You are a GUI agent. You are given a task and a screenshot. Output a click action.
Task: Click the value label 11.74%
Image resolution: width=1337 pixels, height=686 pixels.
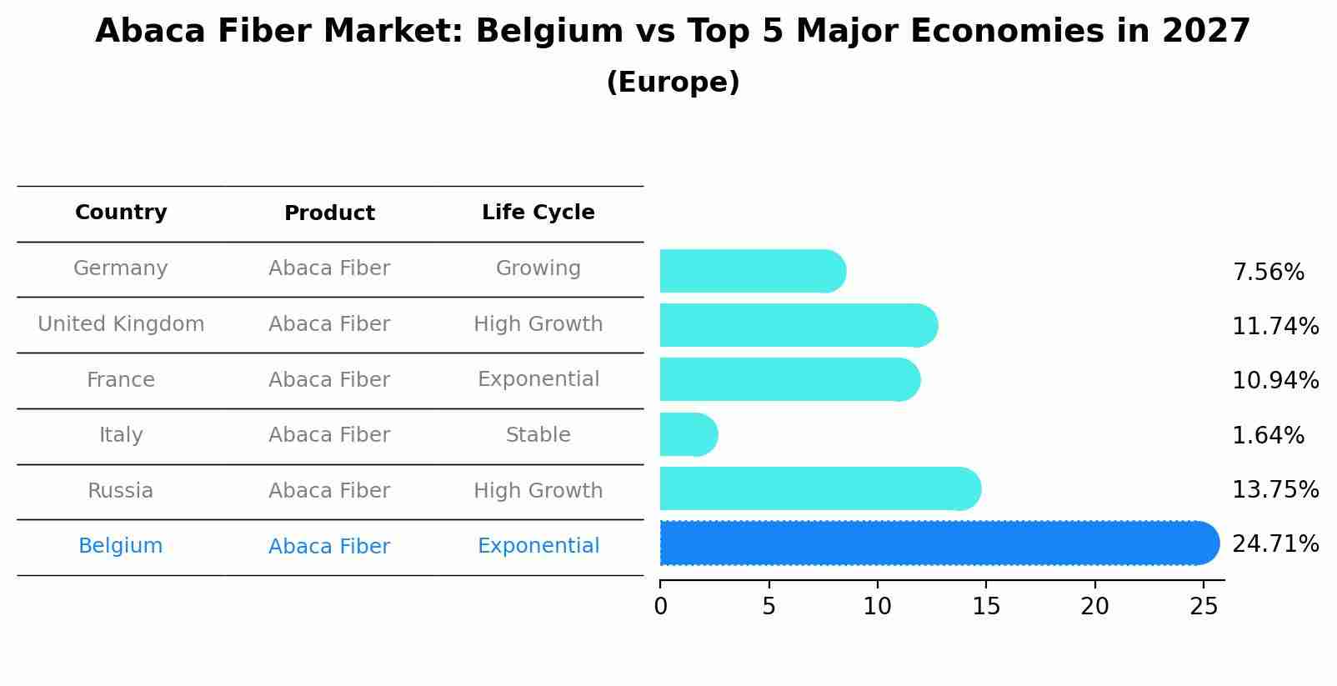(x=1274, y=326)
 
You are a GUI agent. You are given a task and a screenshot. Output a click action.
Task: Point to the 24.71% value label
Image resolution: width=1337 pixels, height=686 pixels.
(x=1274, y=544)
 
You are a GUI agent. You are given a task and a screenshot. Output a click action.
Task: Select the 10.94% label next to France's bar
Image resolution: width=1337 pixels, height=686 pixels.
(x=1274, y=381)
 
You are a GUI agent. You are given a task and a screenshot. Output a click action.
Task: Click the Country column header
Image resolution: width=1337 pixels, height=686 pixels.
(x=121, y=213)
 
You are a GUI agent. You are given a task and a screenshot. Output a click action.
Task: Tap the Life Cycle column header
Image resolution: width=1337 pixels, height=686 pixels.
(x=538, y=213)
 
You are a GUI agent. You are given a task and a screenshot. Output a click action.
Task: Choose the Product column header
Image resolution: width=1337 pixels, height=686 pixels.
(x=329, y=213)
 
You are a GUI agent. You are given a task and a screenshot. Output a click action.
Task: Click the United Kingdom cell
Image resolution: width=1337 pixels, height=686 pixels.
(x=121, y=324)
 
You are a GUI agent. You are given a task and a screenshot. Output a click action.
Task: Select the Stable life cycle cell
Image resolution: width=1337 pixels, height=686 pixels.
(x=538, y=435)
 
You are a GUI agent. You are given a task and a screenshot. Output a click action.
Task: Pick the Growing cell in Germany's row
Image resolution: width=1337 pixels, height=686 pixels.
(x=538, y=268)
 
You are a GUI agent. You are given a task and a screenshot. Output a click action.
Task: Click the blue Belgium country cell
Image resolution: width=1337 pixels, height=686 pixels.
(x=121, y=546)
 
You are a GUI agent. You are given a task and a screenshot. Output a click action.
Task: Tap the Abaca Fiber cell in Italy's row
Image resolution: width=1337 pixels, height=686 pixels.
(x=329, y=435)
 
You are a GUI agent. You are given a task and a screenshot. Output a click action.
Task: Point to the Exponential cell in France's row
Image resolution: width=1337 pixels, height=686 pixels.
(x=538, y=379)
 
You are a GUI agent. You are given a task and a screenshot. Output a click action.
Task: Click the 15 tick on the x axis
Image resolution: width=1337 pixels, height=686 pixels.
(x=986, y=607)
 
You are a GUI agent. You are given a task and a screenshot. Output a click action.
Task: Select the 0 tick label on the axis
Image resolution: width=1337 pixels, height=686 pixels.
(x=660, y=607)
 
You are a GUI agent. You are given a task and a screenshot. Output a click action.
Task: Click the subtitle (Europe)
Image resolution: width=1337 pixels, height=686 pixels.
(x=673, y=83)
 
